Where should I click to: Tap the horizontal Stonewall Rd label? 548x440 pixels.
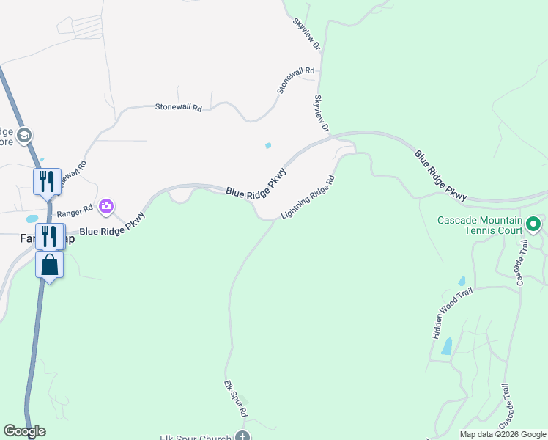tap(178, 107)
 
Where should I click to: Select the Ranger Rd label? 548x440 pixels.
tap(78, 208)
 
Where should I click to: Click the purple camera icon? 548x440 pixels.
tap(106, 206)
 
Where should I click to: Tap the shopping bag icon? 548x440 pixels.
tap(49, 264)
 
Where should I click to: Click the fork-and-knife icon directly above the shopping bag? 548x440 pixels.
tap(49, 236)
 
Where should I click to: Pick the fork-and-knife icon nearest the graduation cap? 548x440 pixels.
tap(46, 180)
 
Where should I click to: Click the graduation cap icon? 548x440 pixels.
tap(24, 135)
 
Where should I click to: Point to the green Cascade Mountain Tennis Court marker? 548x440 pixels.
tap(533, 224)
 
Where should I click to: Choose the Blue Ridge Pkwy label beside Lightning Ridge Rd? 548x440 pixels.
tap(256, 180)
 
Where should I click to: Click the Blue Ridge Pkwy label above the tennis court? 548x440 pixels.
tap(440, 176)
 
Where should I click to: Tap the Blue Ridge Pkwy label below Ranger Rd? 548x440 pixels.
tap(113, 224)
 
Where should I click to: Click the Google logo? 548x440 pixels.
tap(24, 431)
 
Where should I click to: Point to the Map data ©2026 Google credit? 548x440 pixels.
tap(503, 434)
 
